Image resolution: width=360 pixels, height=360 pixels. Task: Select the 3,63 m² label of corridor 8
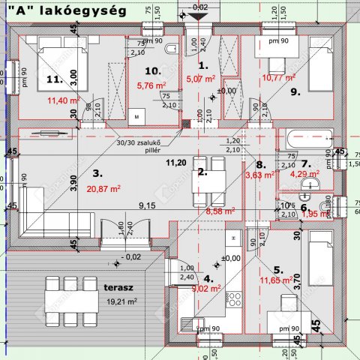pyautogui.click(x=259, y=177)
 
